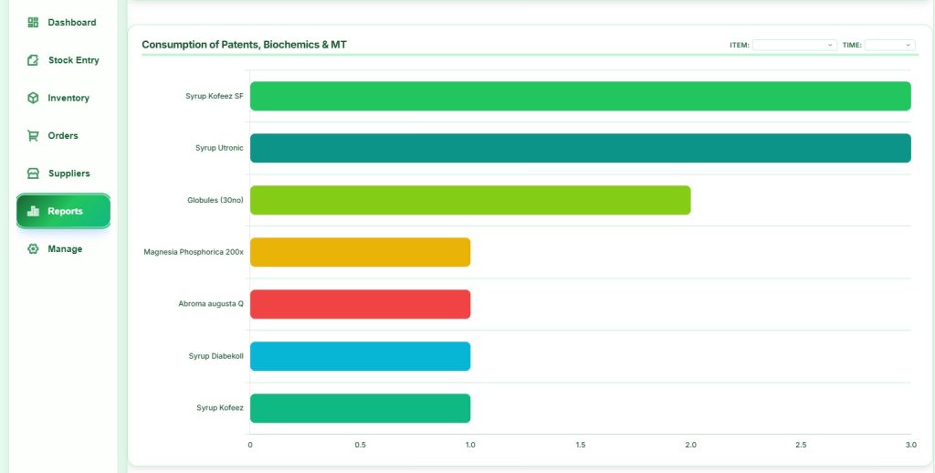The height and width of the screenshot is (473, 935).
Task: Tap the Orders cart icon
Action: [33, 135]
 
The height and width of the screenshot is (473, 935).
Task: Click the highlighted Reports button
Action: [63, 211]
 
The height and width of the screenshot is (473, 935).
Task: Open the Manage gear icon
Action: [33, 248]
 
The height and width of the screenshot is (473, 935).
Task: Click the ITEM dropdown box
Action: [794, 45]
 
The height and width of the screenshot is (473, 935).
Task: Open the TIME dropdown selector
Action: [889, 45]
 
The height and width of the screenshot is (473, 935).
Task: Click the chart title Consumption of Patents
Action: [244, 44]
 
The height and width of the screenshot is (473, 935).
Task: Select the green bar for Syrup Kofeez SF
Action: [580, 96]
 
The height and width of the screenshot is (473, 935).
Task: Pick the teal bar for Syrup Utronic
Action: [580, 148]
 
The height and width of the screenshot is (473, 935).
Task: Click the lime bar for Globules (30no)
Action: [469, 200]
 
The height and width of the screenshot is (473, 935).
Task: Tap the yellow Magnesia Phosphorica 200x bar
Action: [360, 252]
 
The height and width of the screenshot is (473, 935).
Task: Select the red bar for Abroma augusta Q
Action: [360, 304]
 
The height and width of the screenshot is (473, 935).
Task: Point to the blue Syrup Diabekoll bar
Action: [360, 356]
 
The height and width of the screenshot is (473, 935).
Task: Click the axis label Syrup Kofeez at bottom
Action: [220, 407]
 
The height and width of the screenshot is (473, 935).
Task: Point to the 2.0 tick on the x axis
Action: [690, 445]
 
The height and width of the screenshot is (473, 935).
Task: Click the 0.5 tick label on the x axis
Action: [360, 445]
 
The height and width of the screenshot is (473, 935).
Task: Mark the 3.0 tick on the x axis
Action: [910, 445]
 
